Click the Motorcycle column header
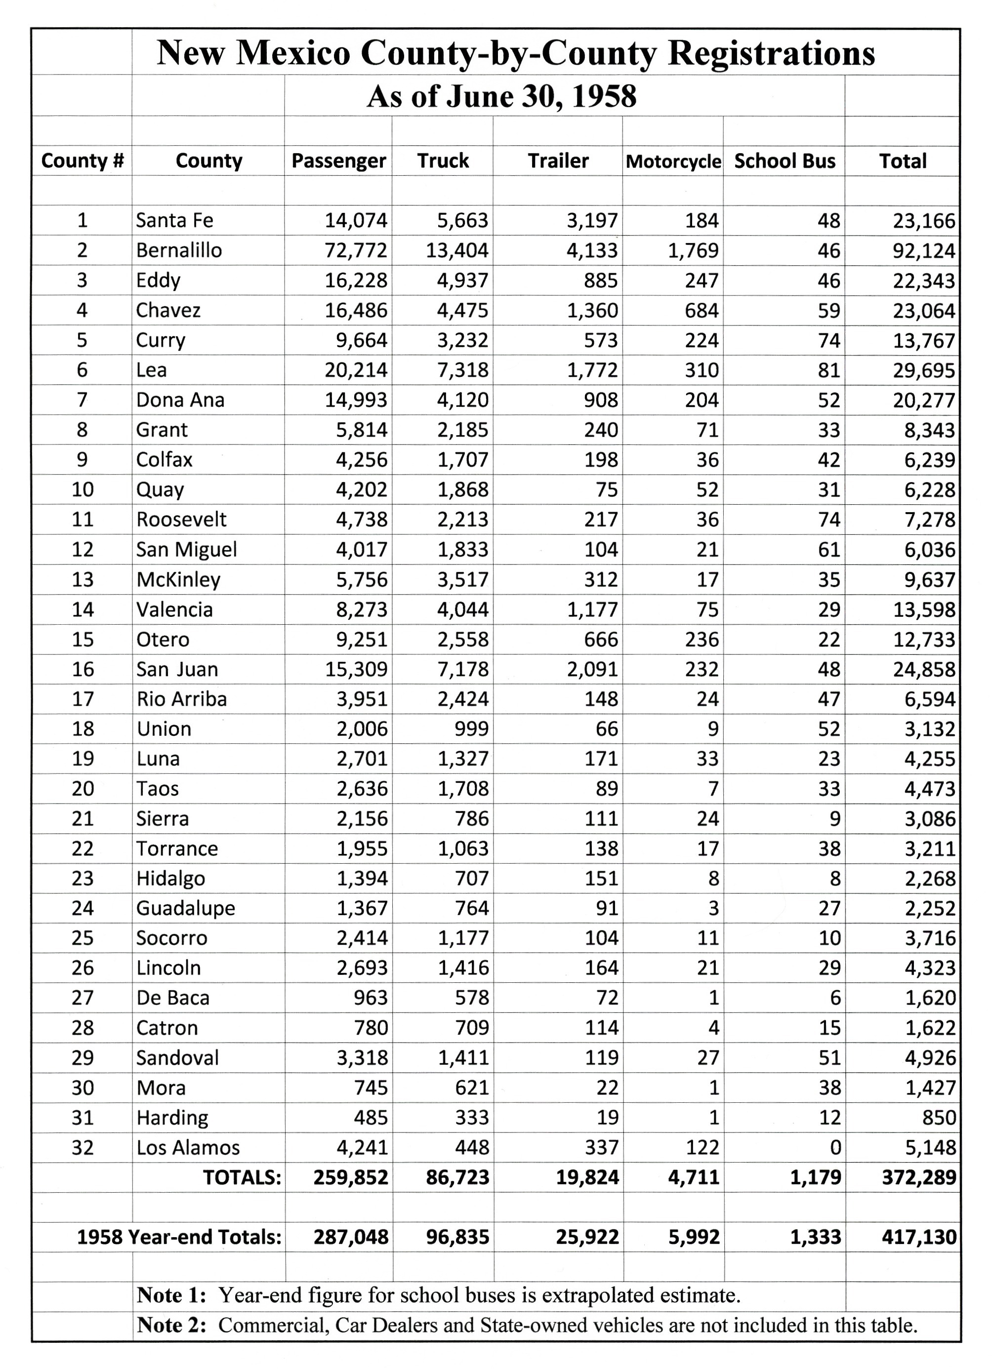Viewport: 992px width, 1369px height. coord(673,161)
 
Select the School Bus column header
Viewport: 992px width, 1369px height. coord(785,161)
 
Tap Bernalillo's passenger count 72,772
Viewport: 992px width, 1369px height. coord(356,250)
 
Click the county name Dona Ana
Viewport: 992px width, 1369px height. coord(180,400)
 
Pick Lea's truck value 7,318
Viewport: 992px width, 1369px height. coord(462,369)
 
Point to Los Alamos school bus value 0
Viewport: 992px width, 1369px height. coord(834,1147)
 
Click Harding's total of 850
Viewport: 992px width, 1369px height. coord(938,1117)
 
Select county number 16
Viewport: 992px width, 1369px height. coord(83,669)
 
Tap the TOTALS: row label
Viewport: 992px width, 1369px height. coord(242,1177)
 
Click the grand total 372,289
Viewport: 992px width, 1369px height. coord(918,1177)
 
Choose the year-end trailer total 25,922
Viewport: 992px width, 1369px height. coord(587,1237)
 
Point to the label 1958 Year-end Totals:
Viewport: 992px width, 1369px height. coord(179,1237)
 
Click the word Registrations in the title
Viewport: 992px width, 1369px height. coord(771,53)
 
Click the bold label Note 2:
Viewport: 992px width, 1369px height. coord(171,1325)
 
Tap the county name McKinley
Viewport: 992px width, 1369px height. coord(178,579)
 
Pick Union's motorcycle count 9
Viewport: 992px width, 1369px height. coord(712,728)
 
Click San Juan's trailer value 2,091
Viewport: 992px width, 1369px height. coord(592,669)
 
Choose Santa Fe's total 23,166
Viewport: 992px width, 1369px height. coord(924,220)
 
